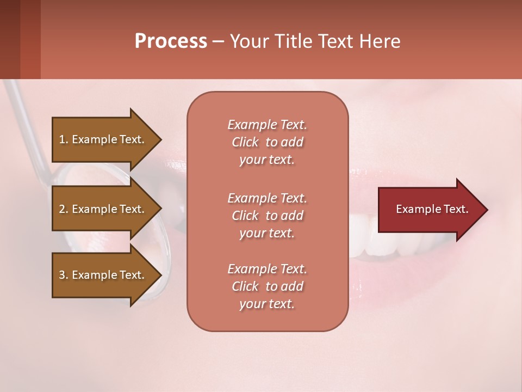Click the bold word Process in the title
click(x=171, y=41)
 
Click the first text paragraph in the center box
click(x=267, y=142)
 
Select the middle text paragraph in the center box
click(x=267, y=216)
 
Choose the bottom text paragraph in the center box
click(x=267, y=286)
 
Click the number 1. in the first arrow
click(x=64, y=139)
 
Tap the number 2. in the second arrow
click(x=64, y=209)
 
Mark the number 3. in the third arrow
click(x=64, y=275)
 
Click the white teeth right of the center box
click(x=381, y=240)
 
